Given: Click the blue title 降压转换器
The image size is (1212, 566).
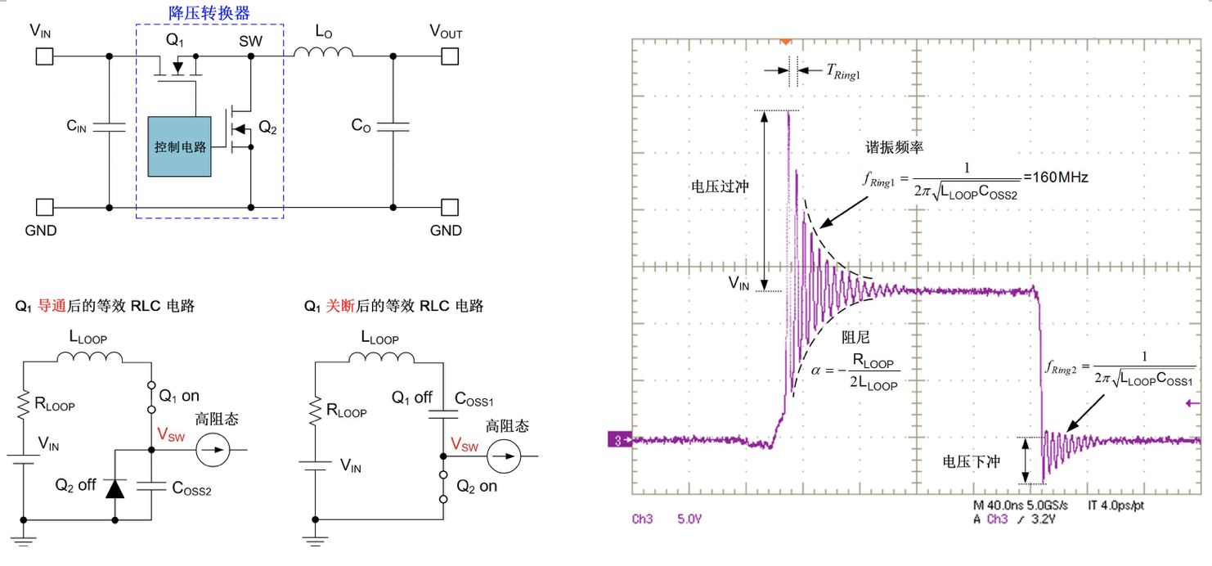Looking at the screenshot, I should coord(209,12).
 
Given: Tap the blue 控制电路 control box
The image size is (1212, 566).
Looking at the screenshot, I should coord(179,146).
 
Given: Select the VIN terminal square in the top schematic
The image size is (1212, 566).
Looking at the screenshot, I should coord(44,56).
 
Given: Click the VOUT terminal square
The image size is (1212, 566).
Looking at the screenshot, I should coord(449,56).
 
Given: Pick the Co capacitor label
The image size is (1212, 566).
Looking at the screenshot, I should coord(361,125).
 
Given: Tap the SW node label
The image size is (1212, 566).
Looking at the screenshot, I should coord(251,40).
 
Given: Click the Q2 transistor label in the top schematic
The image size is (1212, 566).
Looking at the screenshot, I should coord(267,127).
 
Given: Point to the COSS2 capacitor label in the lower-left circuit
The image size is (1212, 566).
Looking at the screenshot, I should coord(192,488).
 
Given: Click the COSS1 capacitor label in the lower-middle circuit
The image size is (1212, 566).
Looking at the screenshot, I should coord(474,401).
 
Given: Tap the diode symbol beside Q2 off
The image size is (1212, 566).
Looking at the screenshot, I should coord(114,488).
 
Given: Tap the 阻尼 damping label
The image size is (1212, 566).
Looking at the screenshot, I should coord(855,336).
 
